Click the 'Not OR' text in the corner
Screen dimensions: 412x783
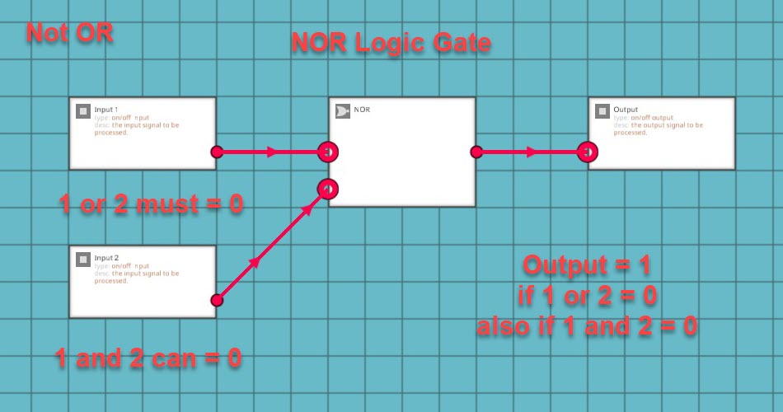point(69,33)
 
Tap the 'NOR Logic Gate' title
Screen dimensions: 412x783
point(391,43)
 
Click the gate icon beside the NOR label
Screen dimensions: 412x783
point(343,110)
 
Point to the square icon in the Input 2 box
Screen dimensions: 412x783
point(83,260)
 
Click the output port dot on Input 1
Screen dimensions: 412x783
point(217,152)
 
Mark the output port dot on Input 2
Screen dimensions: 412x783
point(217,300)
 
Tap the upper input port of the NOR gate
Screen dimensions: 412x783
point(328,152)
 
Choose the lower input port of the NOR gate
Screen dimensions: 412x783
point(328,190)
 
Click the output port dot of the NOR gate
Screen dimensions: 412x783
point(476,152)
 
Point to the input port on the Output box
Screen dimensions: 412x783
point(588,152)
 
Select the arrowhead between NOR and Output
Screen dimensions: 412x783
point(532,152)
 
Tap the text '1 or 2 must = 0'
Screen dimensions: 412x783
point(152,204)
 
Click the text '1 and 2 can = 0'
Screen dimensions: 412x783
point(149,358)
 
